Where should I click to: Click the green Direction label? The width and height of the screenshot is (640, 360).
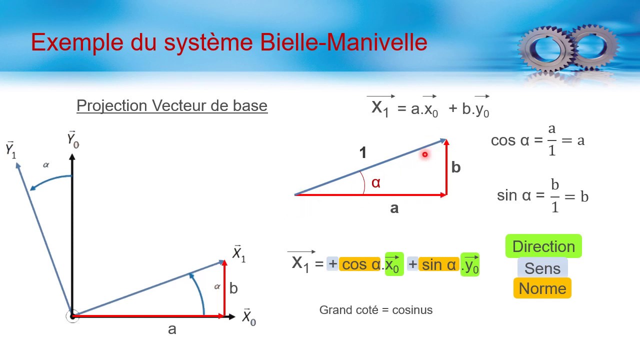click(543, 246)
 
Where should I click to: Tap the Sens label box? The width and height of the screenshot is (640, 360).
click(542, 268)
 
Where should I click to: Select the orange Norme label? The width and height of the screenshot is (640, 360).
click(542, 288)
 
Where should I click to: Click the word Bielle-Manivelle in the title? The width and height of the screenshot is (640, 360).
click(343, 42)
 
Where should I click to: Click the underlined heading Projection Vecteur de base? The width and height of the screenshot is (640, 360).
click(172, 106)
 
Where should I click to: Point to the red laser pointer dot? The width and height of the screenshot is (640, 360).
click(425, 155)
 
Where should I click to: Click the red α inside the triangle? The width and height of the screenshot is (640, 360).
click(376, 183)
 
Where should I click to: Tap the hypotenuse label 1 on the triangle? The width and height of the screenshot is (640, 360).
click(363, 153)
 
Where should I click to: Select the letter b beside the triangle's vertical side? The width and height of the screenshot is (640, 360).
click(455, 167)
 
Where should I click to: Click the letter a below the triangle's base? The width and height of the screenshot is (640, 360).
click(394, 208)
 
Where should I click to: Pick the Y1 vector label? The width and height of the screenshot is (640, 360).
click(11, 149)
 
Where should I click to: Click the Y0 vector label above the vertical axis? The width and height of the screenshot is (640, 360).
click(73, 139)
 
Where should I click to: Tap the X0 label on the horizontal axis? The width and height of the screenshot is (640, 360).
click(248, 317)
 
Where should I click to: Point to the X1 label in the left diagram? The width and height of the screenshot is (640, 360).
click(239, 254)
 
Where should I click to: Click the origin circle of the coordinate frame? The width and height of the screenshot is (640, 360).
click(72, 316)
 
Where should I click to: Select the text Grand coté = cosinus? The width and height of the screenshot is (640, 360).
click(376, 310)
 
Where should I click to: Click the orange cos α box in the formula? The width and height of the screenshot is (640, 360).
click(360, 264)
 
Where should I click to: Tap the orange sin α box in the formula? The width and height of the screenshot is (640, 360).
click(438, 264)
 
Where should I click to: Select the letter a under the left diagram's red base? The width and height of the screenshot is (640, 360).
click(172, 329)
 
